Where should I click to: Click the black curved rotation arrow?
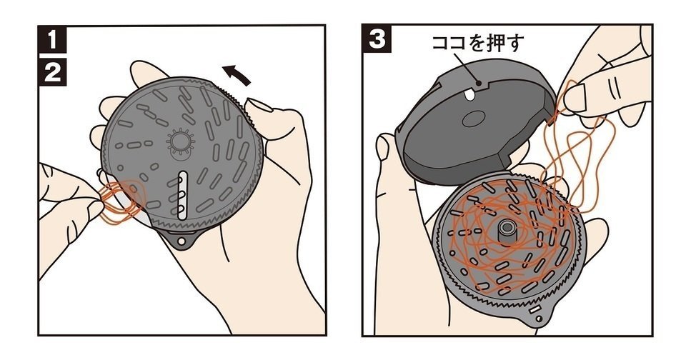coord(236,74)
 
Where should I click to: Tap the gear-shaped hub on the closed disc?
coord(180,144)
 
